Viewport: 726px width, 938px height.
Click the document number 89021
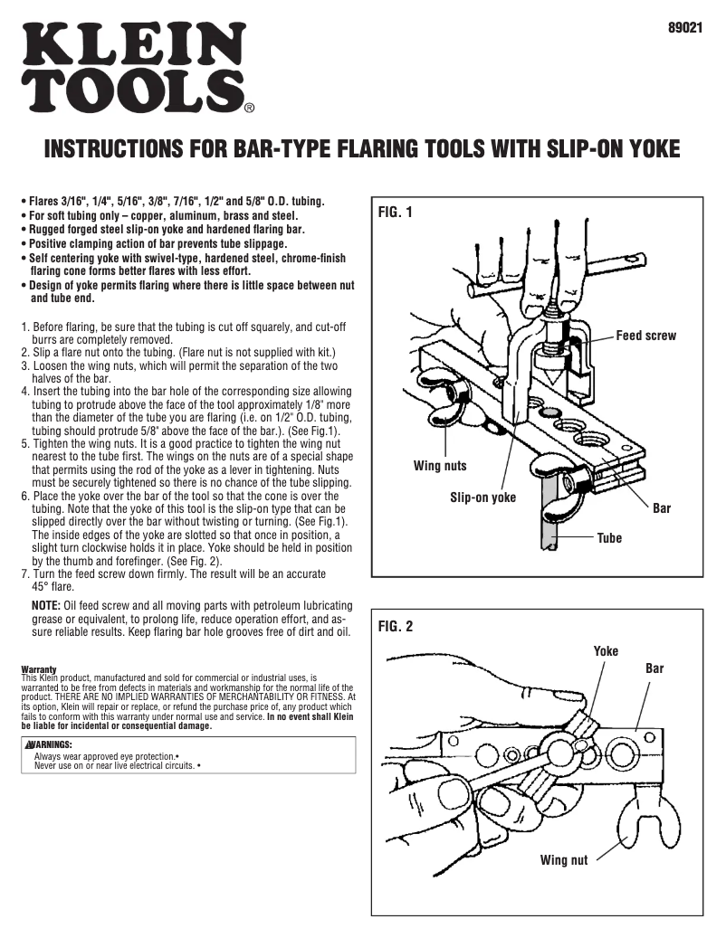[685, 28]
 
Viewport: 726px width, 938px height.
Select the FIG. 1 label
[396, 213]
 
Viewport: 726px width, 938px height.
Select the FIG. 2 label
[396, 627]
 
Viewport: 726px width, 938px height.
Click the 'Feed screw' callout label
[645, 336]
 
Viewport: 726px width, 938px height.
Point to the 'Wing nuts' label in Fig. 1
[440, 466]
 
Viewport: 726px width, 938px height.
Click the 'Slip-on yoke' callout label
[482, 497]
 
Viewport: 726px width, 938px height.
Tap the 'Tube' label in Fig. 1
[609, 538]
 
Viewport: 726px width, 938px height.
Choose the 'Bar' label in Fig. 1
[662, 508]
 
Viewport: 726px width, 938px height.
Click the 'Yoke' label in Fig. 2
[606, 651]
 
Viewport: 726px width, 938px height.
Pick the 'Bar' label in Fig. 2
[654, 668]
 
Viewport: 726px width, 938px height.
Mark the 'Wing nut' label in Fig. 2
[564, 859]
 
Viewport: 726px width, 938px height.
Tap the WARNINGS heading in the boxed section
[50, 744]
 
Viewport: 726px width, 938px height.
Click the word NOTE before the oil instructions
[45, 604]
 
